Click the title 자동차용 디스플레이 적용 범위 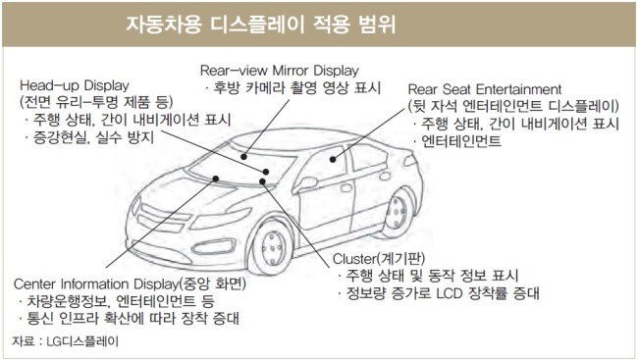point(260,25)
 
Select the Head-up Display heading point(75,85)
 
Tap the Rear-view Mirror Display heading point(279,71)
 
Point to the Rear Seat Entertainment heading point(485,89)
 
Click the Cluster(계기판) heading point(379,258)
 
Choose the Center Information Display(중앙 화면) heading point(130,283)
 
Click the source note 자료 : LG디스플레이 point(65,341)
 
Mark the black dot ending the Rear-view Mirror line point(243,157)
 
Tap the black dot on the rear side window point(333,160)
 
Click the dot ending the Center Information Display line point(216,179)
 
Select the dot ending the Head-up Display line point(266,172)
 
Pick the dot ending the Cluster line point(262,181)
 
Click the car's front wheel point(272,247)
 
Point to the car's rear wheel point(396,213)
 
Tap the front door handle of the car point(346,188)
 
